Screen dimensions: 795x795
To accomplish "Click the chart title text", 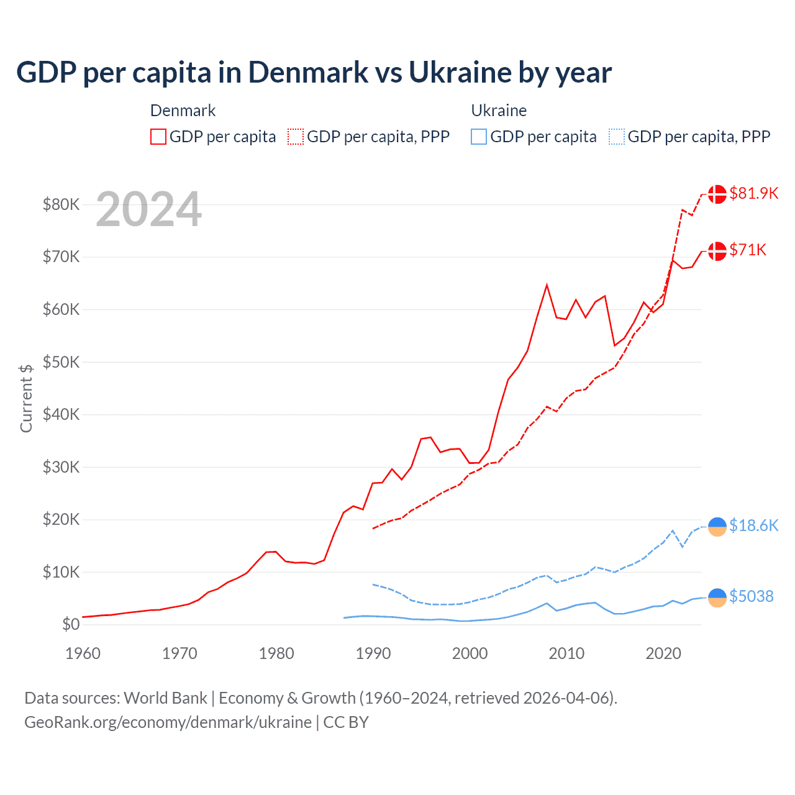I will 314,73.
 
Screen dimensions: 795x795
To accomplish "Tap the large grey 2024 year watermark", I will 148,210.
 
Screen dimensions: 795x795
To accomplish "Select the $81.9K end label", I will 753,193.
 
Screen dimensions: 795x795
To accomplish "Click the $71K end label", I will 748,250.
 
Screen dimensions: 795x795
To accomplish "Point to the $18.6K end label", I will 753,525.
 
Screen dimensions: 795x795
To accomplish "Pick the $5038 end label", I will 751,596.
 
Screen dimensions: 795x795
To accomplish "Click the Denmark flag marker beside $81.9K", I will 717,194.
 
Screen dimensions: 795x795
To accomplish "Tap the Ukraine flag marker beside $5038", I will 717,597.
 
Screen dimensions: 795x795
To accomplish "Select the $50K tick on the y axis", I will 61,362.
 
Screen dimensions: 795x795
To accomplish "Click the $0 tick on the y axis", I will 71,625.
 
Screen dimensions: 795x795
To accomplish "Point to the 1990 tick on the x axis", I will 373,653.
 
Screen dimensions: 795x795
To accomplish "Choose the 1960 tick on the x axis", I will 83,653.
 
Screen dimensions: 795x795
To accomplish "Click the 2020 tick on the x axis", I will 663,653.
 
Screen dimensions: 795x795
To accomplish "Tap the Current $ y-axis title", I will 26,398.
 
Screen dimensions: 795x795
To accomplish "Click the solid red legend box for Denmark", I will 158,137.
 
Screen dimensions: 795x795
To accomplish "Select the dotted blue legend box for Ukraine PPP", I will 617,137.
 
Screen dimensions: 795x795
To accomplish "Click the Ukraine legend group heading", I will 499,111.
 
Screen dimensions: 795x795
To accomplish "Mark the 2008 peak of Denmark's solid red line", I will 547,285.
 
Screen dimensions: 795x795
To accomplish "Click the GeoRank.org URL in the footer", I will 168,722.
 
